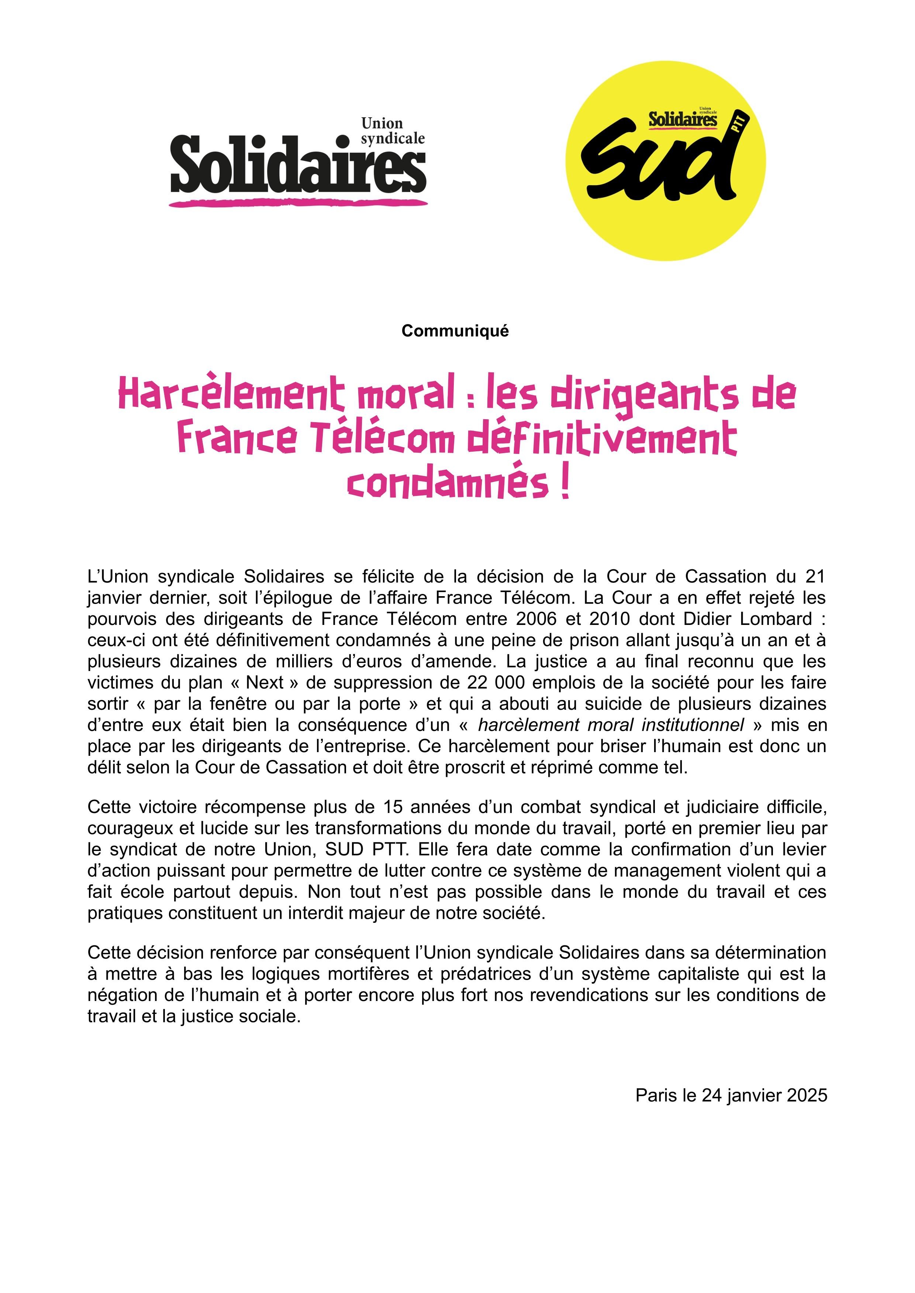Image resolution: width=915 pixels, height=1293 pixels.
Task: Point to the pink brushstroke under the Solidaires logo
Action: point(298,202)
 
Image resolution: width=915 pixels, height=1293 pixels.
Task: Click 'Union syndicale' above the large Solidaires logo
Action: point(392,131)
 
